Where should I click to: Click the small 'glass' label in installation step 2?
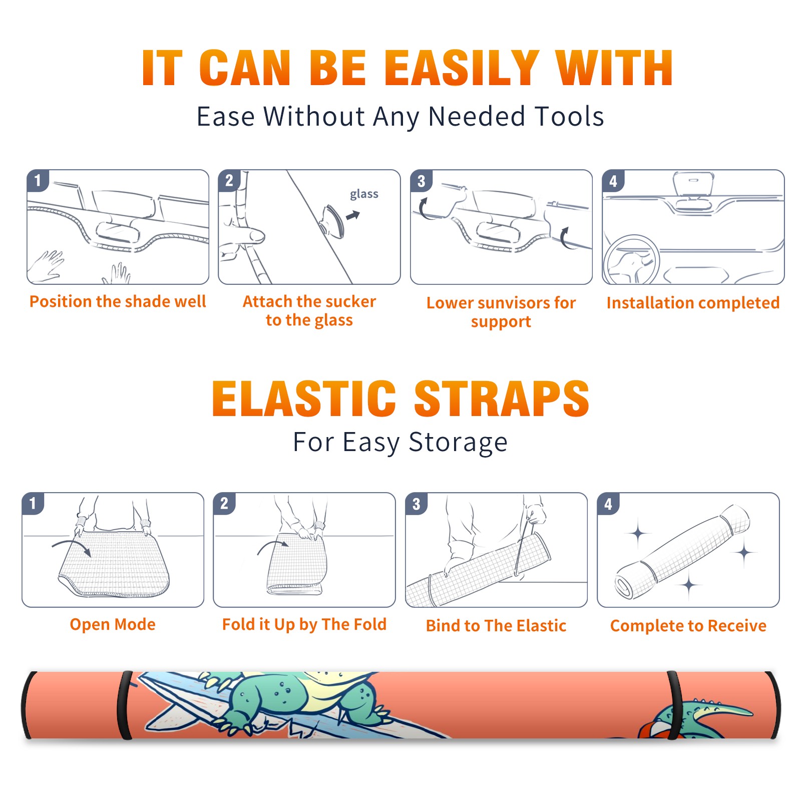(x=364, y=194)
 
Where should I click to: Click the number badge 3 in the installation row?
(x=421, y=181)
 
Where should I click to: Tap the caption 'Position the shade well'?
(x=118, y=301)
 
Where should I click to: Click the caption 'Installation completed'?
(x=693, y=303)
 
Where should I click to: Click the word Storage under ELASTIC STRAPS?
(x=458, y=443)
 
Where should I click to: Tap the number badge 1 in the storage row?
(x=33, y=503)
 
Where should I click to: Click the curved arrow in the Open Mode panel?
(x=72, y=547)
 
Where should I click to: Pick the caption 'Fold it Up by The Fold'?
(x=304, y=624)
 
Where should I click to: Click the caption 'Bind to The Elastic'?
(x=496, y=626)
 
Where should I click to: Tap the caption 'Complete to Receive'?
(x=688, y=626)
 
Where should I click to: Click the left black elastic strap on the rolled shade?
(x=125, y=705)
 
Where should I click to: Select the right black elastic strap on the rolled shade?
(x=673, y=705)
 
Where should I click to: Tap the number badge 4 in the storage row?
(x=608, y=504)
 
